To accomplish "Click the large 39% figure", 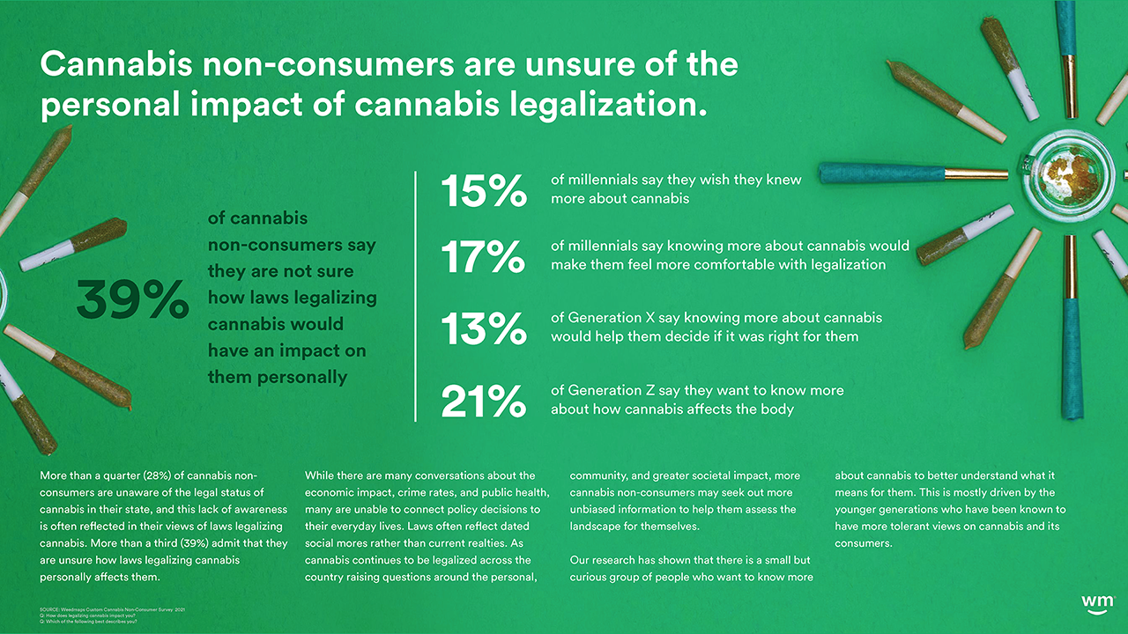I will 132,299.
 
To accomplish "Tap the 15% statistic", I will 483,189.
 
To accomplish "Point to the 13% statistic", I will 483,328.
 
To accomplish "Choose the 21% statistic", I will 483,402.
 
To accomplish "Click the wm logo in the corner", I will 1097,602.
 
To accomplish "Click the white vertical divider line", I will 415,297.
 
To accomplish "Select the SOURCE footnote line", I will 113,609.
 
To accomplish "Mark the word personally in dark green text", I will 301,377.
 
